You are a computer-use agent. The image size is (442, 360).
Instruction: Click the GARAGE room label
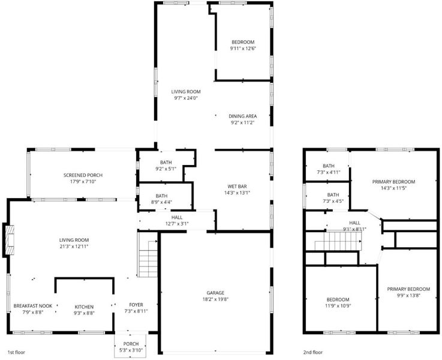tap(215, 293)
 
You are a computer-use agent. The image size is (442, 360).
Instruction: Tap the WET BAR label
tap(237, 187)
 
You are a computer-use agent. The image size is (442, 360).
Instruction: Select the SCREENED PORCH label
tap(83, 175)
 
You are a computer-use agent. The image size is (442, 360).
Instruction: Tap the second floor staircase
tap(338, 241)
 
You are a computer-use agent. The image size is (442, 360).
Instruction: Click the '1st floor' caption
tap(16, 352)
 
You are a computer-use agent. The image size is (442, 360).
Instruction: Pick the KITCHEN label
tap(84, 307)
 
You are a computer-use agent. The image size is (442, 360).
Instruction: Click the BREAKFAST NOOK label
tap(33, 306)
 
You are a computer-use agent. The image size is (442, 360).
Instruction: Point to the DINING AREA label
tap(243, 116)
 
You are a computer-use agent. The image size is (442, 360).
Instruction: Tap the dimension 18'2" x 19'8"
tap(215, 299)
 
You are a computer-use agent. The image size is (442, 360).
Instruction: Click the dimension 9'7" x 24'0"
tap(186, 98)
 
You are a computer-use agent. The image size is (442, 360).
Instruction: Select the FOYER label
tap(136, 305)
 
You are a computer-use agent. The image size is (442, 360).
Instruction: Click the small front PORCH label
tap(131, 344)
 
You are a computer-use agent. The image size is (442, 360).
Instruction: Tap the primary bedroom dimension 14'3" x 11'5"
tap(394, 188)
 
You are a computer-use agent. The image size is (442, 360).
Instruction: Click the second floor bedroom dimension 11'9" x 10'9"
tap(338, 305)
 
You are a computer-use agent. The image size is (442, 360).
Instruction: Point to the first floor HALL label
tap(177, 217)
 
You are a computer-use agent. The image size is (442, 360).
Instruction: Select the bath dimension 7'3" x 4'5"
tap(333, 201)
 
